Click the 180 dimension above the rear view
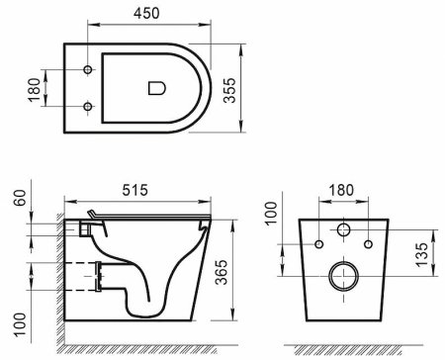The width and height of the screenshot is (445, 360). (342, 188)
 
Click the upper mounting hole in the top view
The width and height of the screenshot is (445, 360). (88, 69)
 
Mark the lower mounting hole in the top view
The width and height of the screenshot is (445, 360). (88, 106)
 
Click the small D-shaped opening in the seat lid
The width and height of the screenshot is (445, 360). (155, 87)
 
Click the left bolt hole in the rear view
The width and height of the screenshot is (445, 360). (318, 243)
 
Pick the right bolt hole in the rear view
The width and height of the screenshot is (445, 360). (368, 243)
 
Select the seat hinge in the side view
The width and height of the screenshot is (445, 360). (91, 218)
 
